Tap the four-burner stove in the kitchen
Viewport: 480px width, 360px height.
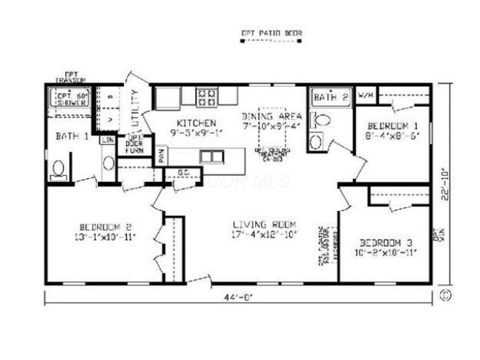(x=206, y=97)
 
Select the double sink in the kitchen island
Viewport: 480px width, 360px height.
(x=211, y=157)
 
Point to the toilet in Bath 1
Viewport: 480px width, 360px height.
(x=59, y=169)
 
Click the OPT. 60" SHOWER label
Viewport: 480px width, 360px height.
(x=72, y=98)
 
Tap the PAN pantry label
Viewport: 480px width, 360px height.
(x=161, y=157)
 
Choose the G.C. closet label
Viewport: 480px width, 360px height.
(x=184, y=174)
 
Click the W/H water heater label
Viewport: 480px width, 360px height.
(x=365, y=95)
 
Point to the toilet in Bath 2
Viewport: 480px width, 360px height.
(x=322, y=119)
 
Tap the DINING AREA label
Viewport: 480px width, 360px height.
(x=268, y=116)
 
